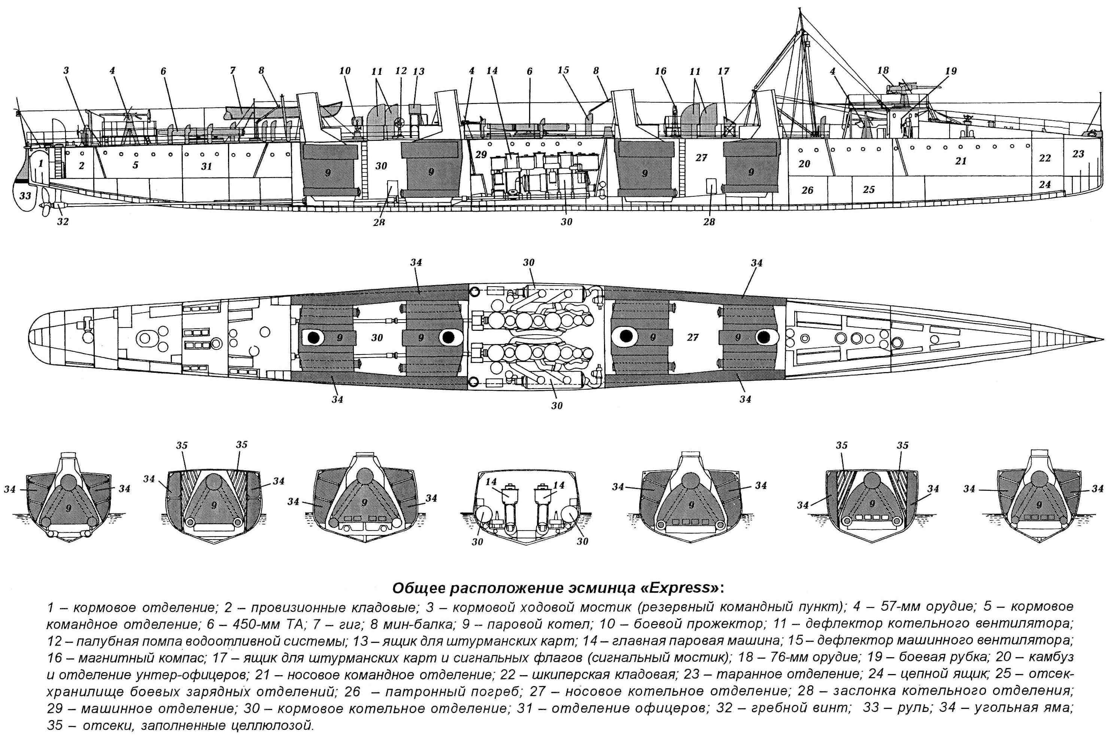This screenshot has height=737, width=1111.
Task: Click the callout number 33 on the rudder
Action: click(25, 195)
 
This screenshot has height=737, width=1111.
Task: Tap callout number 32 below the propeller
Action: click(63, 221)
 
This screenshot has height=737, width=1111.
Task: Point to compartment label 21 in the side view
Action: click(961, 161)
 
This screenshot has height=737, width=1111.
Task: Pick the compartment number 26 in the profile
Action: click(807, 190)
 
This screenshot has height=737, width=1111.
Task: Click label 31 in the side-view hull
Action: click(206, 166)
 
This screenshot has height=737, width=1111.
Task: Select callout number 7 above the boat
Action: click(232, 70)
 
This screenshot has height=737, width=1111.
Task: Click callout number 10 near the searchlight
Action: click(345, 71)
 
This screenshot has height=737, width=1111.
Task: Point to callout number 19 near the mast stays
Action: click(951, 71)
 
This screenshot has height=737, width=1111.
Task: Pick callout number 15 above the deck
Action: click(563, 70)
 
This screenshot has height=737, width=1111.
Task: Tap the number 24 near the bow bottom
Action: click(1044, 184)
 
